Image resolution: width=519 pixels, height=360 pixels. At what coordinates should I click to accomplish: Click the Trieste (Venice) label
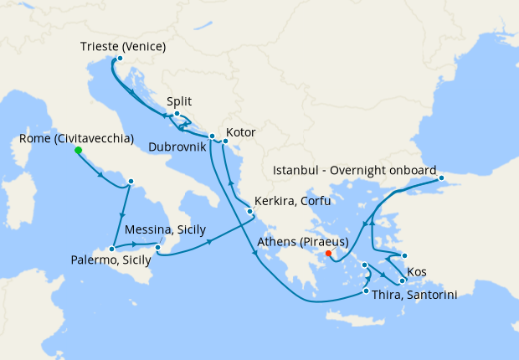click(124, 45)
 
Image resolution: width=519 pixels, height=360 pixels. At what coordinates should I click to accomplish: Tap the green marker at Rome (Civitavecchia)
click(78, 151)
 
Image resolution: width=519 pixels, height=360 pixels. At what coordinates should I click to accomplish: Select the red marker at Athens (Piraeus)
click(328, 254)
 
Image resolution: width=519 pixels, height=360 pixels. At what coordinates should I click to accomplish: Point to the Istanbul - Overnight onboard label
click(355, 170)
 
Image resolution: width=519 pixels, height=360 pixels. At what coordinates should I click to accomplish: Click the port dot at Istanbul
click(441, 177)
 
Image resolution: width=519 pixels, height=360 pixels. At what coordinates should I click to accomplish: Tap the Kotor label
click(240, 132)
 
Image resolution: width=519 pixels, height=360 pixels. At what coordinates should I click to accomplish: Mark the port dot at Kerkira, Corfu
click(249, 211)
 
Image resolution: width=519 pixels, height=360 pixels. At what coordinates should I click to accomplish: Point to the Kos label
click(416, 273)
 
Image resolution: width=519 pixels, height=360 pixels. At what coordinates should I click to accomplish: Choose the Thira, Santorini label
click(416, 294)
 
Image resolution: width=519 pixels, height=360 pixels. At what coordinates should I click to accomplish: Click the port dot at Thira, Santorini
click(366, 291)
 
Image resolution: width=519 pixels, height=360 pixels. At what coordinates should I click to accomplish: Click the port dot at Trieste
click(120, 59)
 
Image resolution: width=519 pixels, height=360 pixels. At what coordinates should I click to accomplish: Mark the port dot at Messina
click(158, 247)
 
